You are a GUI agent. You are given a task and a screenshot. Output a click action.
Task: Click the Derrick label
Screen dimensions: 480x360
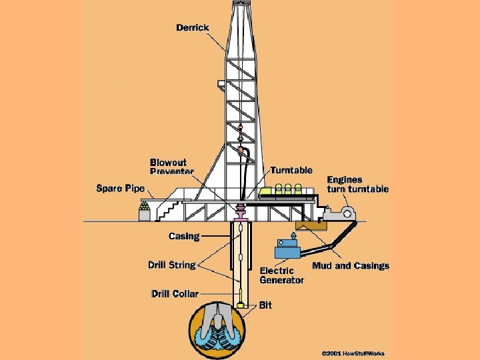[193, 27]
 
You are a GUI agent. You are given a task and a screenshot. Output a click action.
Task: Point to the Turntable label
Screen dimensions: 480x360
[291, 171]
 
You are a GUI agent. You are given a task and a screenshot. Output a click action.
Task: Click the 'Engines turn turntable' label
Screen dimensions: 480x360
[357, 184]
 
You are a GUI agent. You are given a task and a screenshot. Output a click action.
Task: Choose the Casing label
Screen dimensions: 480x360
[184, 236]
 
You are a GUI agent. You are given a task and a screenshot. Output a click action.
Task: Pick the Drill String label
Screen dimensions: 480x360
[171, 265]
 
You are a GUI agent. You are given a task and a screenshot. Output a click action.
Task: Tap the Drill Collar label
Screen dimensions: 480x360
[175, 293]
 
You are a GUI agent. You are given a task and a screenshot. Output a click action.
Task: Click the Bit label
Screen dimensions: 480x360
[265, 305]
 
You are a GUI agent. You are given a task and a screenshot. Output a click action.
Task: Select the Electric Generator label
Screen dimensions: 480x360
[282, 275]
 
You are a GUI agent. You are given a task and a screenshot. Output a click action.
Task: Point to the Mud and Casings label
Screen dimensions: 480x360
[351, 265]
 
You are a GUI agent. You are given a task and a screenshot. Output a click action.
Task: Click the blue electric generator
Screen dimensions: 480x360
[287, 249]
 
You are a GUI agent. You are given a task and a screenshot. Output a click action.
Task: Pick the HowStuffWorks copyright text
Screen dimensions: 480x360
[353, 353]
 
